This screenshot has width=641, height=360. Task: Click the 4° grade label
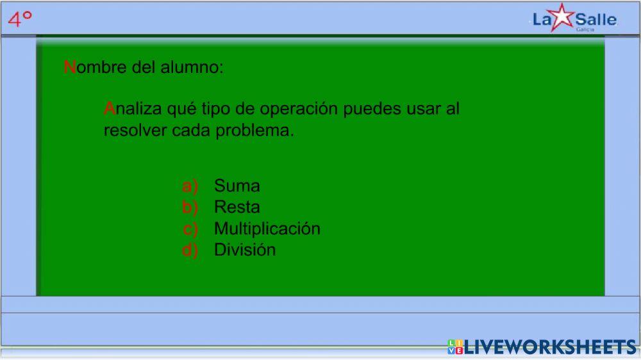20,19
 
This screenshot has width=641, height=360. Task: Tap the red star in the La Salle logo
562,17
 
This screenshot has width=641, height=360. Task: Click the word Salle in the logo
595,19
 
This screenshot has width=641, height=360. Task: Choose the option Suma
237,186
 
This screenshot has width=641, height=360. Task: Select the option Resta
237,207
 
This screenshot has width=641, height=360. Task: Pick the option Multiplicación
267,228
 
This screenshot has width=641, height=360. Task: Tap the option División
245,249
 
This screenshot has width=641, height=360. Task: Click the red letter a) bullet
190,186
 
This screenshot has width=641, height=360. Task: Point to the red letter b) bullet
190,207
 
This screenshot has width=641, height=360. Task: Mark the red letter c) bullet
190,229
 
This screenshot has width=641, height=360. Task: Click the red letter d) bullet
190,250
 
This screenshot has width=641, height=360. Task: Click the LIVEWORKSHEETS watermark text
550,347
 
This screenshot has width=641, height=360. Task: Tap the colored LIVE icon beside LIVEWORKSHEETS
455,347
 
